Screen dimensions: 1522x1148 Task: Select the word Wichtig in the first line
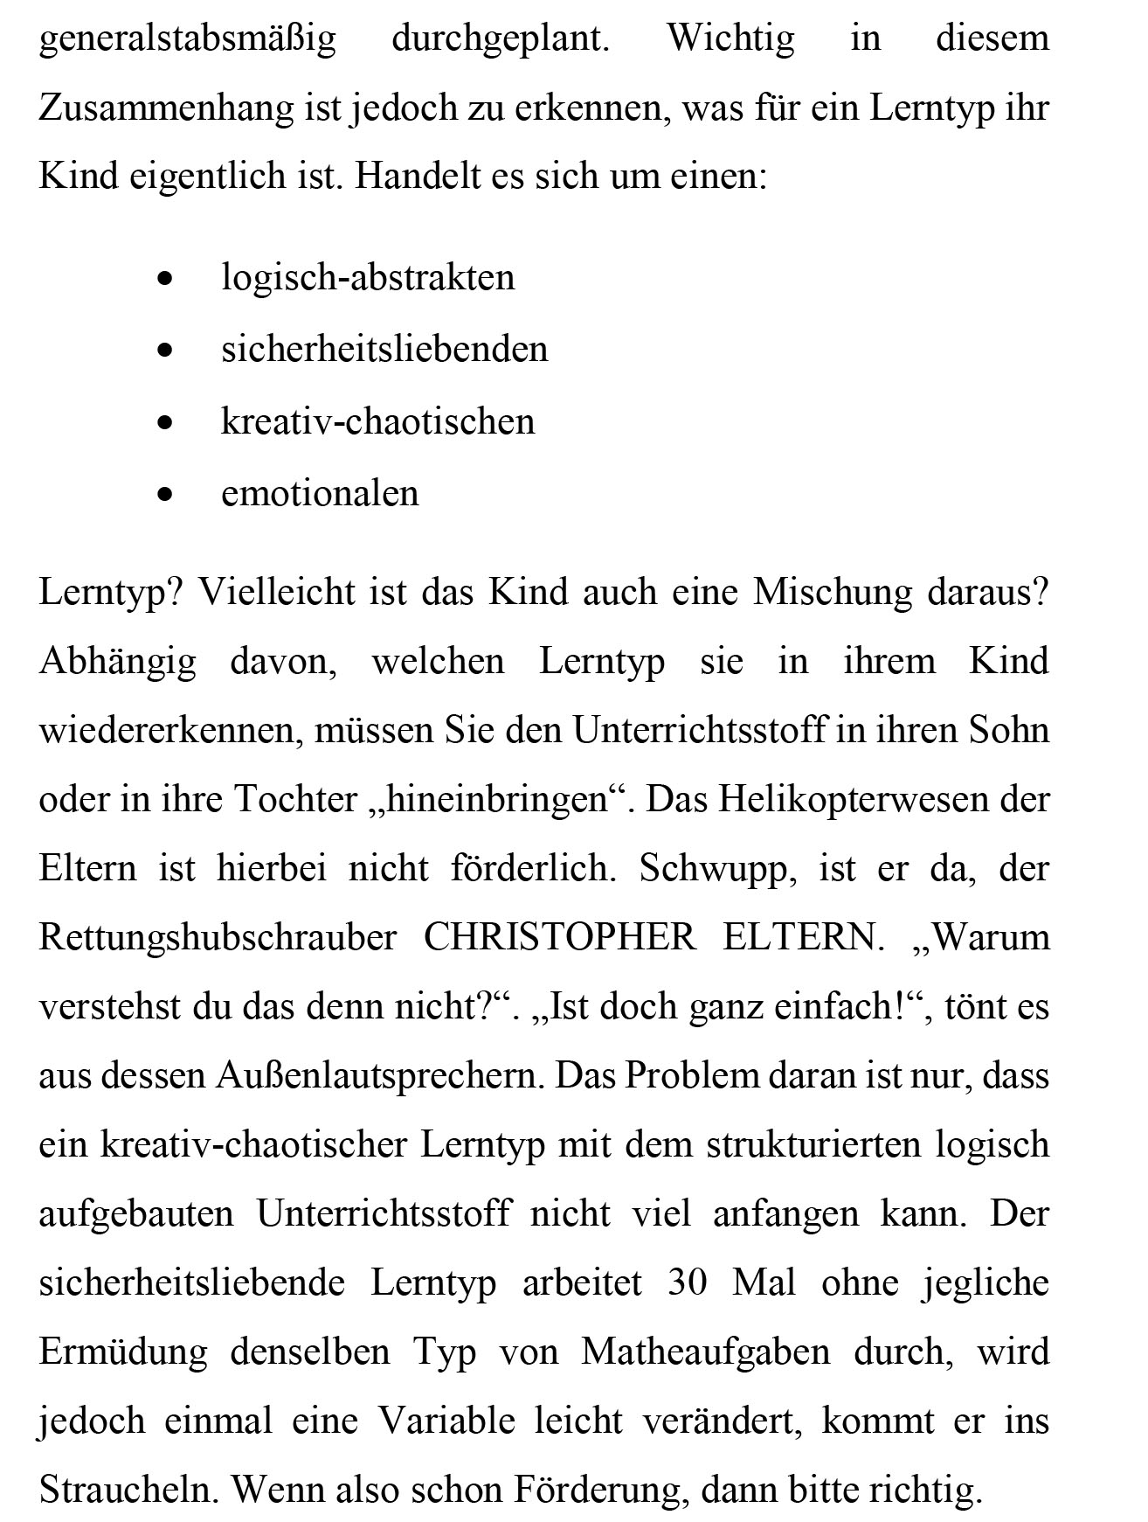(730, 38)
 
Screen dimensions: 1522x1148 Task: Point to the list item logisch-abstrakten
(368, 277)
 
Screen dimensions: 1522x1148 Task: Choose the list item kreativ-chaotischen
(377, 421)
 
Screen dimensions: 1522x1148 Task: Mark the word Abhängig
(118, 662)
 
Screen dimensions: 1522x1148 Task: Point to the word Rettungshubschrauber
(218, 937)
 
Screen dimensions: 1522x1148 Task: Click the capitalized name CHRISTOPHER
(559, 937)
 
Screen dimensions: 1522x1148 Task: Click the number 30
(687, 1282)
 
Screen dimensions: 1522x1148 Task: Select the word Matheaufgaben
(706, 1352)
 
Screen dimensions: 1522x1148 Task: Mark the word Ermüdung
(123, 1352)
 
